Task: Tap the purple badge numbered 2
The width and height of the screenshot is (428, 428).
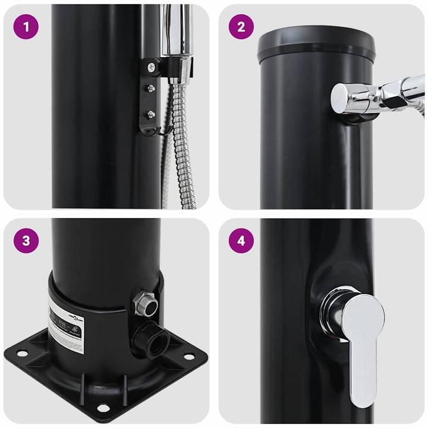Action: point(241,27)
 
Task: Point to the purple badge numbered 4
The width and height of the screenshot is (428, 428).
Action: point(241,241)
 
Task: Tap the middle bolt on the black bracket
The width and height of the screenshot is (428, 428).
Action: point(150,89)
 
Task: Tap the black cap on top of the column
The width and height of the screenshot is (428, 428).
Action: point(316,45)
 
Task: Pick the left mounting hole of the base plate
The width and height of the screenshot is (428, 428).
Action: point(22,354)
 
